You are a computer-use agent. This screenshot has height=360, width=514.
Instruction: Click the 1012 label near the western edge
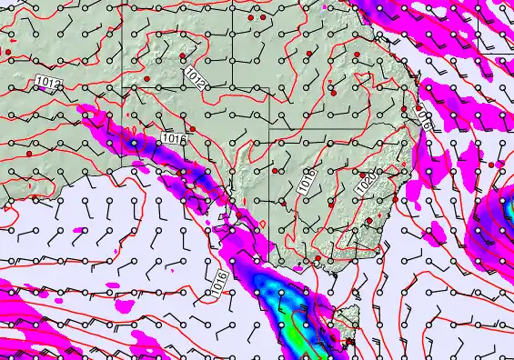49,84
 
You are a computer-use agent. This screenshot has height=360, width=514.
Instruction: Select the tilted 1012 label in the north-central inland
194,78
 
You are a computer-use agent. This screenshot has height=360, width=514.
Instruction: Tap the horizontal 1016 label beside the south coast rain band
174,139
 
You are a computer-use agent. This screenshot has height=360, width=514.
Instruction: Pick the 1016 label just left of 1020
307,180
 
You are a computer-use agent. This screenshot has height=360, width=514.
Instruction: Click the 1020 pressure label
366,182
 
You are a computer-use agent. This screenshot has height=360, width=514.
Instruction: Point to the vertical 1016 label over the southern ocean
219,281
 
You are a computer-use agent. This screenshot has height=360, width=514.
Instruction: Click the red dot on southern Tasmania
350,342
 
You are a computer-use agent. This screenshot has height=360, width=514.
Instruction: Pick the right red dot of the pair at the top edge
263,17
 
